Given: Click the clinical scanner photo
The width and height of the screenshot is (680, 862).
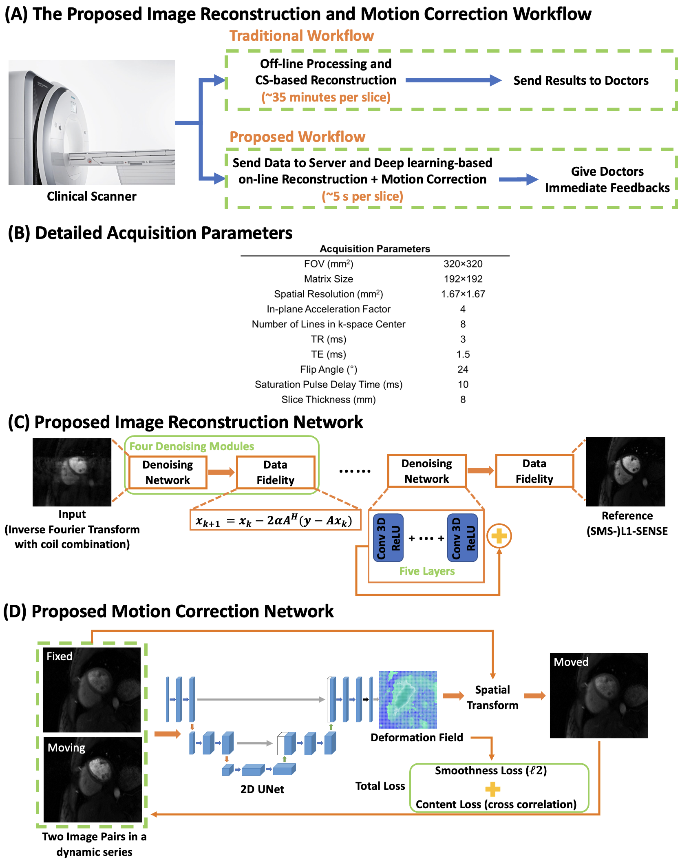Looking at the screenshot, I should [x=92, y=122].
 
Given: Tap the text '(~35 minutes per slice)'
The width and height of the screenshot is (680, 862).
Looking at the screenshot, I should [x=326, y=97].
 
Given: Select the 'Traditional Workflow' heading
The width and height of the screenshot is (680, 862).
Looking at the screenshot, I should [x=301, y=36].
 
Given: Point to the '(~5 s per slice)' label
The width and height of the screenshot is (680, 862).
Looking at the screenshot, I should [x=362, y=197].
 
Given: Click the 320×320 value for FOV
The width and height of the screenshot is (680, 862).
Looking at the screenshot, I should [x=463, y=264].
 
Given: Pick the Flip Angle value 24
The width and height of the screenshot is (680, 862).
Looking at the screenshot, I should [x=463, y=369].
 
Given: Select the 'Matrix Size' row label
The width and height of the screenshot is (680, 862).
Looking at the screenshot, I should [x=329, y=279].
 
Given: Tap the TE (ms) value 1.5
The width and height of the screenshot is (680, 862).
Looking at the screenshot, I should [x=463, y=354].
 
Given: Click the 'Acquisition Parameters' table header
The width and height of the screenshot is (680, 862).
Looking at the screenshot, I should [x=375, y=249].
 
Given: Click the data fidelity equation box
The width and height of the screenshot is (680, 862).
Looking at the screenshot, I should [x=275, y=520].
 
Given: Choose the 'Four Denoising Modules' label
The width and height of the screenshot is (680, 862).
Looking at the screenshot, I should [x=192, y=446].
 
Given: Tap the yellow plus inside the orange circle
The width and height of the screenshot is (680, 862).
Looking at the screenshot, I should [x=499, y=536].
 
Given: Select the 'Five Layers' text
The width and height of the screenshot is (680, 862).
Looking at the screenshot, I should [x=427, y=571].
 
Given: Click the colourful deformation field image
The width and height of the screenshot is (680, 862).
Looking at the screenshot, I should [x=408, y=700].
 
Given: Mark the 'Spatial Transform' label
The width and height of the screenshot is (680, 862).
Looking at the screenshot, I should [x=492, y=697].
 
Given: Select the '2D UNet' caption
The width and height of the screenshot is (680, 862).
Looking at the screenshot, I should [x=262, y=789].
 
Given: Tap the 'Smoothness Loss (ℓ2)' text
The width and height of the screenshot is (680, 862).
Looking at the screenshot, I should [x=490, y=771].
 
